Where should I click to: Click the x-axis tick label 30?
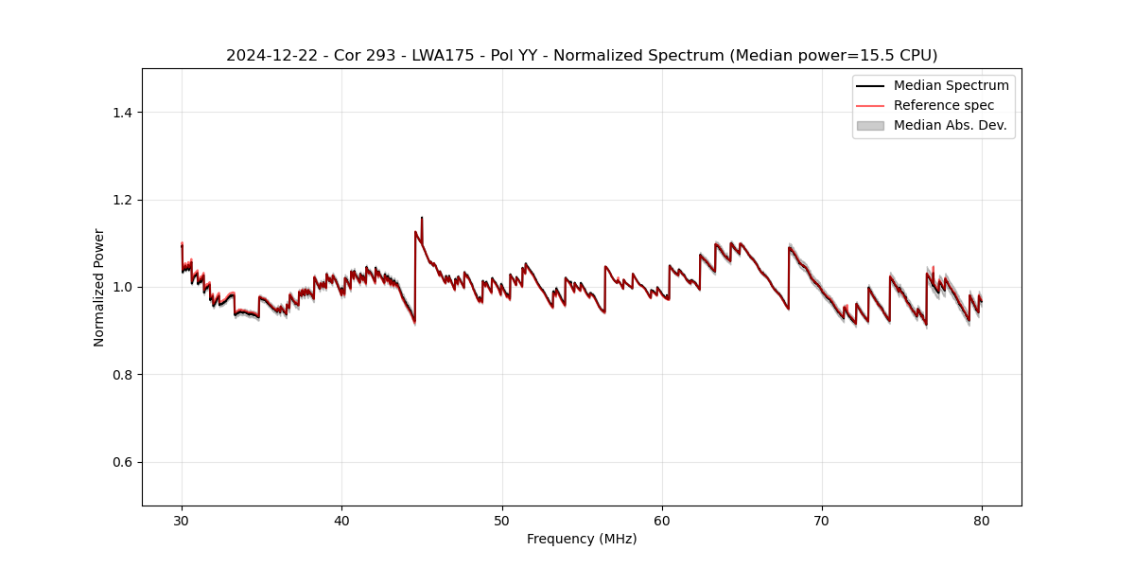coord(182,521)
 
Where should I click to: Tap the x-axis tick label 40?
coord(341,521)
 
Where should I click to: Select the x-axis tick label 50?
coord(502,521)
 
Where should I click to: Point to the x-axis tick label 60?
coord(662,521)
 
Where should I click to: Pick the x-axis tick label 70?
coord(822,521)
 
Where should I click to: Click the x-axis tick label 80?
coord(982,521)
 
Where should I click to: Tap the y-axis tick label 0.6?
coord(122,462)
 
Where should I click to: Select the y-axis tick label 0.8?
coord(122,375)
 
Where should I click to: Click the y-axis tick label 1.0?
coord(122,287)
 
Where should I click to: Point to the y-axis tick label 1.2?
coord(122,200)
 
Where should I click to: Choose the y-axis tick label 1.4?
coord(122,113)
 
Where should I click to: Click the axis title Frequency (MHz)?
coord(582,540)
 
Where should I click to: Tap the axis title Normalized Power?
coord(99,287)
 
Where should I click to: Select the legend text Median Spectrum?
coord(951,86)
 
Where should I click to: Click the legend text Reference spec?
coord(944,105)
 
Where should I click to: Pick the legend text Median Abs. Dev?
coord(950,125)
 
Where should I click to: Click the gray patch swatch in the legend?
coord(870,125)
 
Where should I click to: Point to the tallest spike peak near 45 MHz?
coord(422,218)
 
